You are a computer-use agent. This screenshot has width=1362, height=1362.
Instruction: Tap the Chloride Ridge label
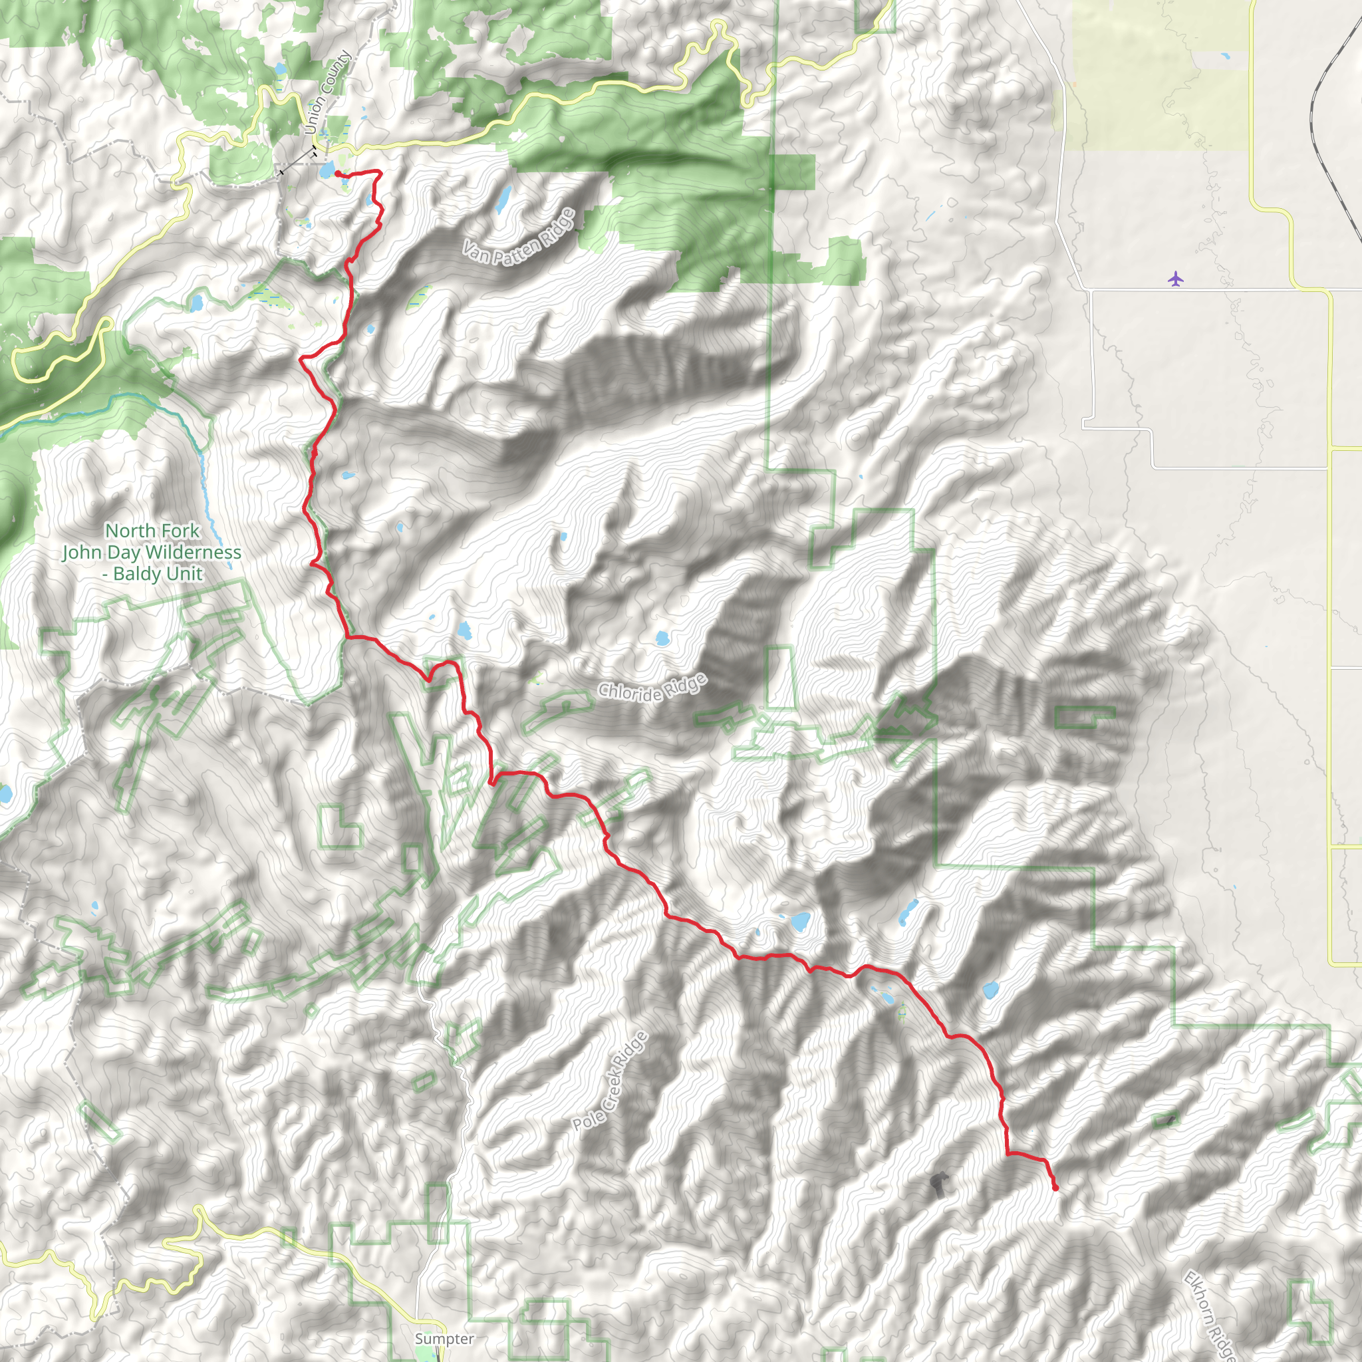coord(652,688)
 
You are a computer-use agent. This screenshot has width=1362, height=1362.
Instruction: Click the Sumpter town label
coord(444,1339)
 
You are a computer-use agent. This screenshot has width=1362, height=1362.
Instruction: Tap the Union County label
coord(328,92)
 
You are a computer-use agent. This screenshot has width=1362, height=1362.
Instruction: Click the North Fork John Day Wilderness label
coord(152,552)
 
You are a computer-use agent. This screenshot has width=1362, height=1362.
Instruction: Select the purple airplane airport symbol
coord(1174,279)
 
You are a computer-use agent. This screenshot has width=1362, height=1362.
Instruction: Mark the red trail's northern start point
coord(338,173)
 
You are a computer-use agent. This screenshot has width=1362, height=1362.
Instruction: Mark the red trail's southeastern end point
coord(1055,1188)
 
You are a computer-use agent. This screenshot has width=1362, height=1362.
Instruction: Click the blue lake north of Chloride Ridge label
coord(661,639)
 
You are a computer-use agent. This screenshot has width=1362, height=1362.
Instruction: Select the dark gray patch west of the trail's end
coord(938,1185)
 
